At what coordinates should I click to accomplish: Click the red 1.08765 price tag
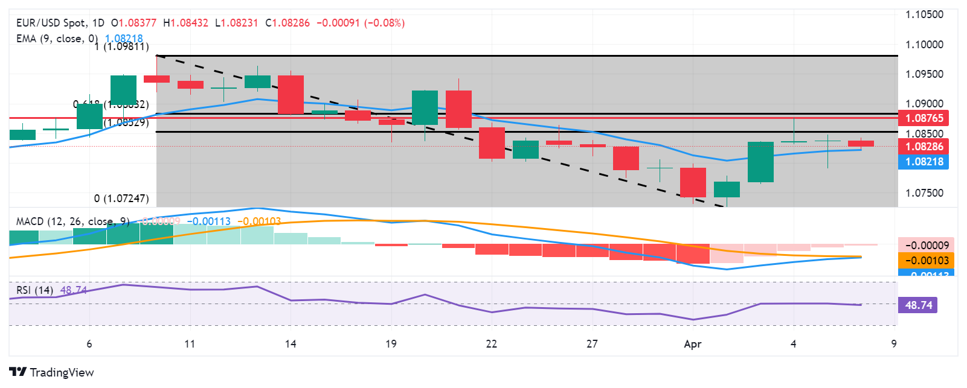[x=924, y=118]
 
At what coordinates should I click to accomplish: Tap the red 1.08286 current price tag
[x=924, y=147]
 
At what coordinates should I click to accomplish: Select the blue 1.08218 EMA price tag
[x=924, y=162]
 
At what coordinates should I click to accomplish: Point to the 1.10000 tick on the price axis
[x=924, y=45]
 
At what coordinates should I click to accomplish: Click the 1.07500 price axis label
[x=924, y=193]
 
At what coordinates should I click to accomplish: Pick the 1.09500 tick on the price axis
[x=924, y=74]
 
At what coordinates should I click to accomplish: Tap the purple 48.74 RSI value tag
[x=918, y=305]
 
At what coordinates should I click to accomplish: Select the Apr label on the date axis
[x=693, y=344]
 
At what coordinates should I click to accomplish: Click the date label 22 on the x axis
[x=492, y=344]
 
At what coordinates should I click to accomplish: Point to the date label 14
[x=291, y=344]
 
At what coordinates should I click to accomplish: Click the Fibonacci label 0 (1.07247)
[x=121, y=199]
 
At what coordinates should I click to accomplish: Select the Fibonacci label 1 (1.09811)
[x=121, y=46]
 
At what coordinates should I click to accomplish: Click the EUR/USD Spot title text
[x=51, y=23]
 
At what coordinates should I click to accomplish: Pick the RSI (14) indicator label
[x=34, y=290]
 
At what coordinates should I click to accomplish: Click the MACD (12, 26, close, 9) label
[x=72, y=221]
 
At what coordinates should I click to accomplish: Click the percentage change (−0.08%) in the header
[x=385, y=23]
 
